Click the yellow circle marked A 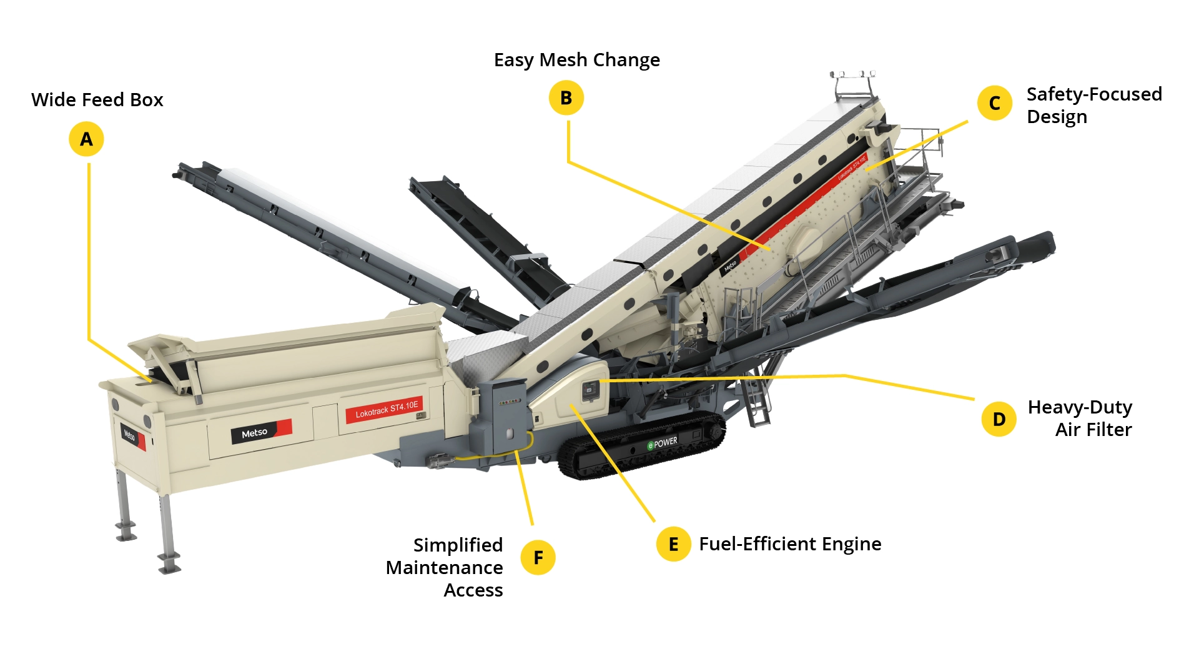click(86, 139)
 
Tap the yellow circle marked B click(566, 98)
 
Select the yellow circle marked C click(994, 103)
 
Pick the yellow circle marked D click(999, 419)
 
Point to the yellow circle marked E click(673, 544)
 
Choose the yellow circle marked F click(538, 557)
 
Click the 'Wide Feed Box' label click(97, 100)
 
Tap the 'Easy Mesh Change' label click(576, 60)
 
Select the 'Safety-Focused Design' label click(1093, 106)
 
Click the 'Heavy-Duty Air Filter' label click(1080, 419)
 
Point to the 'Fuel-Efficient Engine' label click(790, 544)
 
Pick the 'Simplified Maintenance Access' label click(445, 567)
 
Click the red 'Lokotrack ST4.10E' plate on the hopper click(386, 410)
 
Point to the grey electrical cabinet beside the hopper click(502, 415)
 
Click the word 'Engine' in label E click(851, 544)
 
